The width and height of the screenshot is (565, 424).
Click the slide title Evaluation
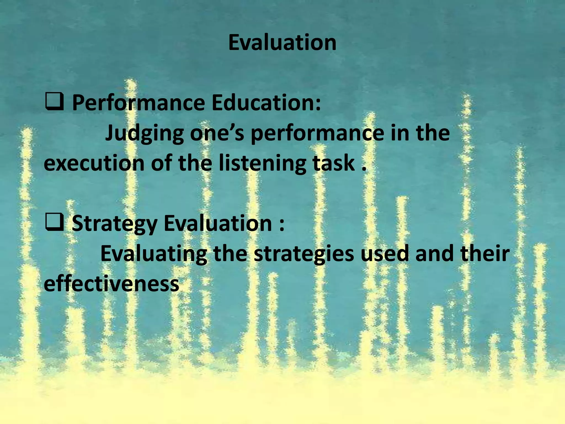point(282,43)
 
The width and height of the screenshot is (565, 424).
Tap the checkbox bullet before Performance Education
point(54,102)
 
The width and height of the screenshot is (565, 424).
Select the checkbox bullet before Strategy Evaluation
point(54,222)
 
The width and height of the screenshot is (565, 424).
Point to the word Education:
point(266,102)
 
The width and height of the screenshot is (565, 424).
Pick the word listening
point(262,163)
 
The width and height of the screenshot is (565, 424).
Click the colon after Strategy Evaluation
point(281,224)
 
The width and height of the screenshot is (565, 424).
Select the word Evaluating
point(153,254)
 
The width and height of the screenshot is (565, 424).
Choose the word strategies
point(304,254)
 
